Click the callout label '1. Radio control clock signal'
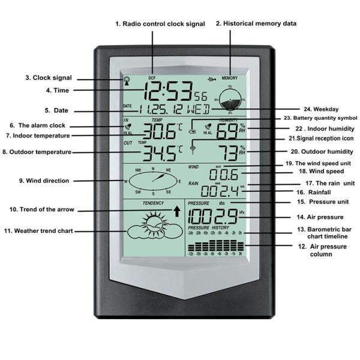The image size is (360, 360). point(160,24)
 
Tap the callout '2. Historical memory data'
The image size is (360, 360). point(256,24)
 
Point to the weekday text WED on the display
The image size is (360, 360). point(199,110)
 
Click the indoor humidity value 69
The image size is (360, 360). point(227,130)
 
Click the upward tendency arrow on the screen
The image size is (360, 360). point(176,211)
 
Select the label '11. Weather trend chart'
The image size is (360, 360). point(46,230)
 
